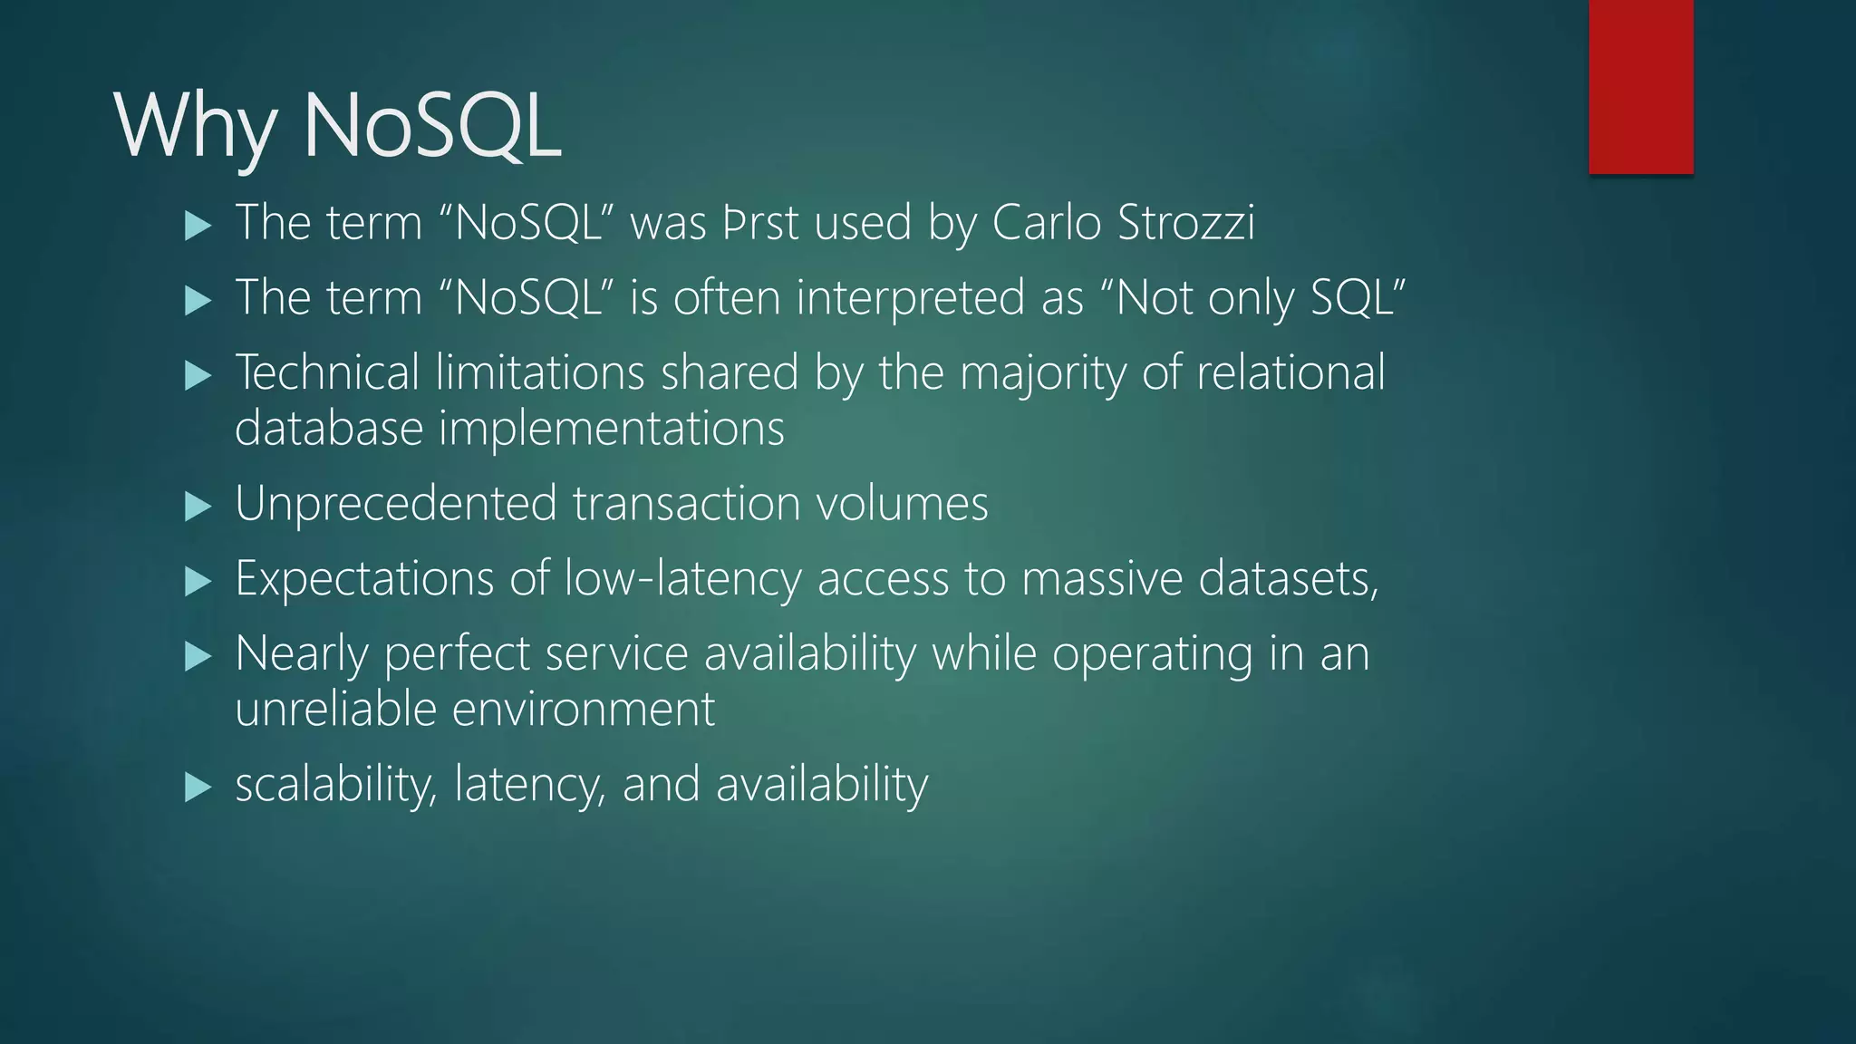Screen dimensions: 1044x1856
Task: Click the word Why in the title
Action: (196, 127)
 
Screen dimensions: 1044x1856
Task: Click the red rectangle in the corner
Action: (1640, 86)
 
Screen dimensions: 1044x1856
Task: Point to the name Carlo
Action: (1047, 223)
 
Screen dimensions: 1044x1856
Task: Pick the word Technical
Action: (327, 372)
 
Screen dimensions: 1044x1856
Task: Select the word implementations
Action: (611, 429)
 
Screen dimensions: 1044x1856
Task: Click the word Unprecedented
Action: (395, 504)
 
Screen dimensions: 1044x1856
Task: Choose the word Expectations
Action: (364, 579)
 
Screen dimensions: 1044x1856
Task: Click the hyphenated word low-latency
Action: (682, 579)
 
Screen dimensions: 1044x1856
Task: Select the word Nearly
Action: (301, 654)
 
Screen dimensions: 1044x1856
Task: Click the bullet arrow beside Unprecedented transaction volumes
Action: (198, 506)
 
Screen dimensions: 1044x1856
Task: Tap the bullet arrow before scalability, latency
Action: (198, 787)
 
